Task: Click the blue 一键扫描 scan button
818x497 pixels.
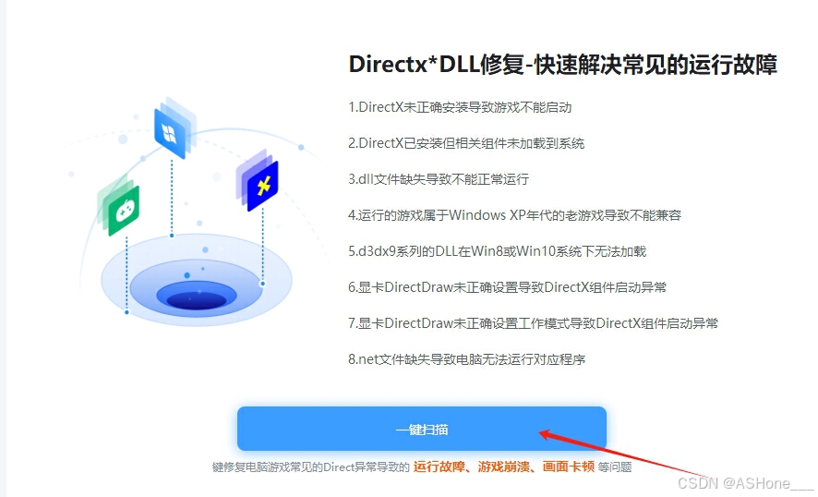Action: [x=421, y=429]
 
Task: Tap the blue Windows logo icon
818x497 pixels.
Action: [x=170, y=133]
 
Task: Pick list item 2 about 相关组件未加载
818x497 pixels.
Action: [x=466, y=143]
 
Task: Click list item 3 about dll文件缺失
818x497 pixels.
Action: [x=439, y=179]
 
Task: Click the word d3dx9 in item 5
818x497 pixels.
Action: [x=378, y=251]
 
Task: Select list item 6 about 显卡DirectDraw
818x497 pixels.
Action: [x=507, y=287]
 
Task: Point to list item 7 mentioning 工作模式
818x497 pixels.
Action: [x=533, y=323]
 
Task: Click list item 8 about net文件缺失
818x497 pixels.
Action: [x=466, y=359]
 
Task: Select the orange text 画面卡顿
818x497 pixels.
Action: [x=568, y=467]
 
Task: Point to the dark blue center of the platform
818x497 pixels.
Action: [x=197, y=297]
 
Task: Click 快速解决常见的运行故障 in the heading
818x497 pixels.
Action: [x=665, y=65]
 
